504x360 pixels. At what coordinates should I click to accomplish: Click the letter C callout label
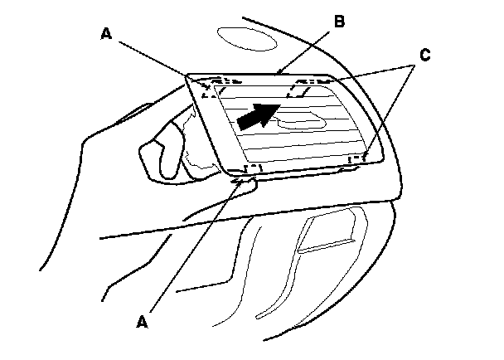pyautogui.click(x=424, y=56)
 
